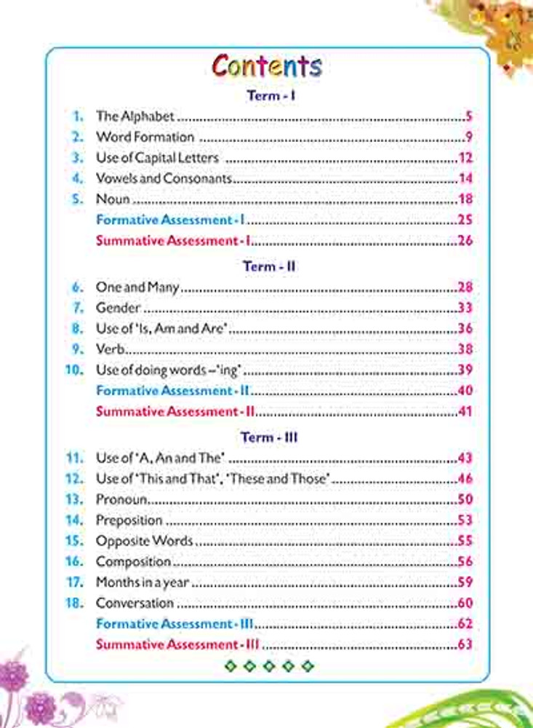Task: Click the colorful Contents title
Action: pyautogui.click(x=267, y=66)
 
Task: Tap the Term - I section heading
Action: pyautogui.click(x=270, y=95)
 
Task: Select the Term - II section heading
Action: pyautogui.click(x=270, y=266)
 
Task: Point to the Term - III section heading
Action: pyautogui.click(x=270, y=438)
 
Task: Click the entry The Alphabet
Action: pyautogui.click(x=135, y=116)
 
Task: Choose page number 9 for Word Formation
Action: pyautogui.click(x=470, y=137)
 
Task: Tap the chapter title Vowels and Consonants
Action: pyautogui.click(x=164, y=178)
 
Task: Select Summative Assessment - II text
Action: pyautogui.click(x=175, y=411)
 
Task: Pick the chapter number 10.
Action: pyautogui.click(x=75, y=370)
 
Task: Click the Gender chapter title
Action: pyautogui.click(x=118, y=308)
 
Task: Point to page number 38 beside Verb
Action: pyautogui.click(x=465, y=349)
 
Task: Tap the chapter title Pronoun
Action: pyautogui.click(x=122, y=499)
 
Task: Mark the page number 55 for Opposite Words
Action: pyautogui.click(x=465, y=541)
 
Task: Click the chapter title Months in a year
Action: pyautogui.click(x=143, y=582)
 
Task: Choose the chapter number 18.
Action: pyautogui.click(x=75, y=603)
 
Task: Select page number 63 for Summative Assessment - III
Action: pyautogui.click(x=465, y=644)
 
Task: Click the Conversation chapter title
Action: pyautogui.click(x=135, y=603)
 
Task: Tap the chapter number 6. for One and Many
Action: pyautogui.click(x=78, y=287)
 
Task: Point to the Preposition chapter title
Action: pyautogui.click(x=129, y=521)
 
